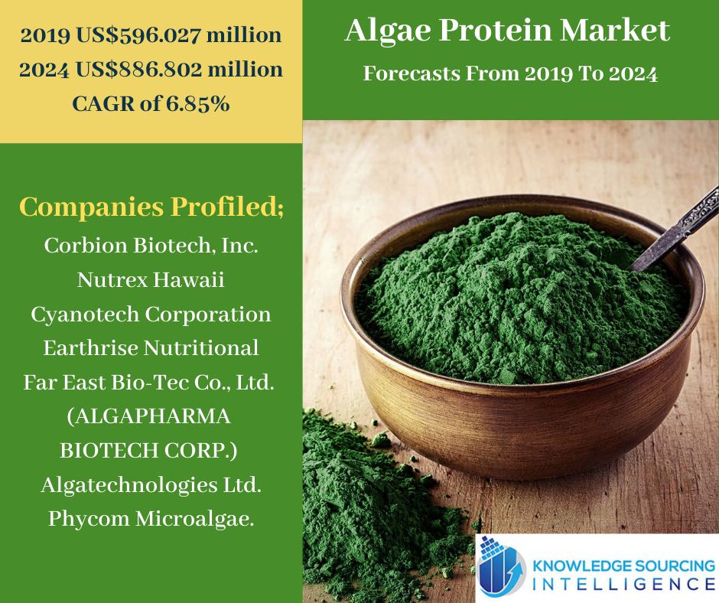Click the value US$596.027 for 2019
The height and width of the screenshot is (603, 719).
click(138, 35)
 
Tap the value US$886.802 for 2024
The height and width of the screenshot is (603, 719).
click(138, 70)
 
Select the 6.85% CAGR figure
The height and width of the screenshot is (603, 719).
click(197, 104)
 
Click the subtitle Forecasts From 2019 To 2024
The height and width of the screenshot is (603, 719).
click(510, 73)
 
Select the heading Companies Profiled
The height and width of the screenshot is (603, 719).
click(151, 207)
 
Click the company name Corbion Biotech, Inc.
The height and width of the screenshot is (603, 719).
click(151, 246)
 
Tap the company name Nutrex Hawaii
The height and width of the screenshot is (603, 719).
click(151, 279)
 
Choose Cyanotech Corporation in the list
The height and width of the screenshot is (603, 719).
click(151, 315)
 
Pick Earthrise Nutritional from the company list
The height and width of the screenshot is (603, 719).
click(151, 348)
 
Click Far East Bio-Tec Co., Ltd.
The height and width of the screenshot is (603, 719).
click(149, 383)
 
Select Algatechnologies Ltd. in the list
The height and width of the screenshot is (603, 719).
click(151, 485)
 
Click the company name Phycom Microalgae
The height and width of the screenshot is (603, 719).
click(151, 519)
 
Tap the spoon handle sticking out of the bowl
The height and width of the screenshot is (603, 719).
click(675, 230)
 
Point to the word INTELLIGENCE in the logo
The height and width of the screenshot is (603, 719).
click(624, 584)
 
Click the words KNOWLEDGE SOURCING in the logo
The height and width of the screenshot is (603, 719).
click(623, 566)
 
